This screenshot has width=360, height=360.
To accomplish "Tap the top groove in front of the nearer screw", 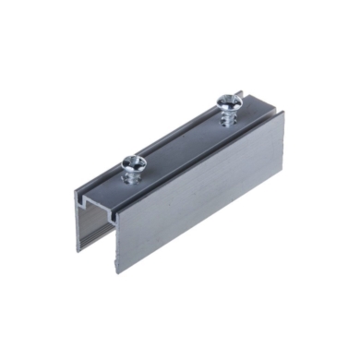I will click(x=102, y=188).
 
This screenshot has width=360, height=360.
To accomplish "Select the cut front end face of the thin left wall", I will click(x=80, y=222).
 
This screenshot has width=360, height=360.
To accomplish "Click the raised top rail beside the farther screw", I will click(x=249, y=115).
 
